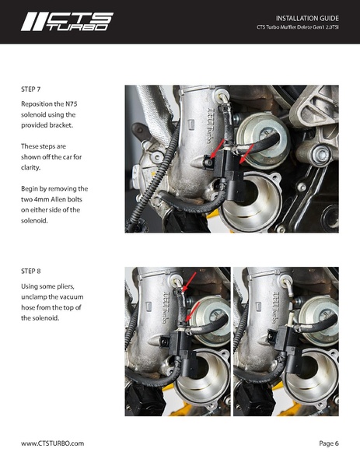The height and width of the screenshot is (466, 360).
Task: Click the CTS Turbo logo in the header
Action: [66, 22]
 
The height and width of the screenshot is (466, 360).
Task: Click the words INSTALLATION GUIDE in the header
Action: [307, 17]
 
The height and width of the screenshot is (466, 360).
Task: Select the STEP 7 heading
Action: [33, 90]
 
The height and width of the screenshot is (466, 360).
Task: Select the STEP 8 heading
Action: [33, 272]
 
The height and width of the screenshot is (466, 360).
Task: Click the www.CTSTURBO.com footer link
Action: [52, 443]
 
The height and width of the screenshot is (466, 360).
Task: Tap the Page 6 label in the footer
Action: [328, 443]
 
